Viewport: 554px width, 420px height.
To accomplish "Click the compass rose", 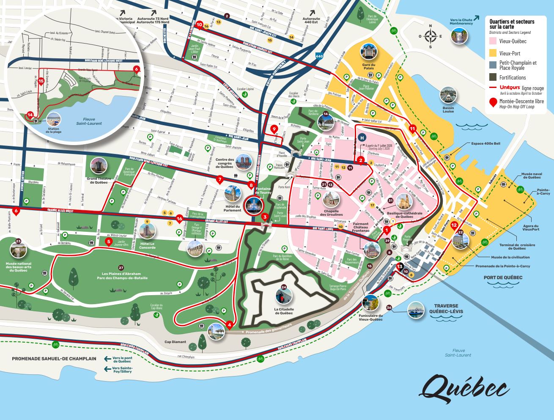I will (431, 36).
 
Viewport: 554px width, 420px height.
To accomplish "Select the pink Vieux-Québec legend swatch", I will (493, 41).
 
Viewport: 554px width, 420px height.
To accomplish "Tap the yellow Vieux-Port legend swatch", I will (493, 54).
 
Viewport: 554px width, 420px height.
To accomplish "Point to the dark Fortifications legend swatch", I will (493, 77).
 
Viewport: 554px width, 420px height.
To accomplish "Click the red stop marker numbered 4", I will (229, 325).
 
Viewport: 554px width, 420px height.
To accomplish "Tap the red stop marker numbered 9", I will (274, 129).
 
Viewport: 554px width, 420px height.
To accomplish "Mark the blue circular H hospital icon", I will (362, 137).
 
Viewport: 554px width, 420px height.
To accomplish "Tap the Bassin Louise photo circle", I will (448, 96).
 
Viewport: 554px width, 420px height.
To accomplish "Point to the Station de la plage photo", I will (53, 120).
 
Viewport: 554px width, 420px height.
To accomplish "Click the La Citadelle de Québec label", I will (283, 311).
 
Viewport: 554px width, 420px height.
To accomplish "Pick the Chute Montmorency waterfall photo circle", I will (459, 38).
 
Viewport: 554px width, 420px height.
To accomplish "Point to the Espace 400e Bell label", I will (485, 144).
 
